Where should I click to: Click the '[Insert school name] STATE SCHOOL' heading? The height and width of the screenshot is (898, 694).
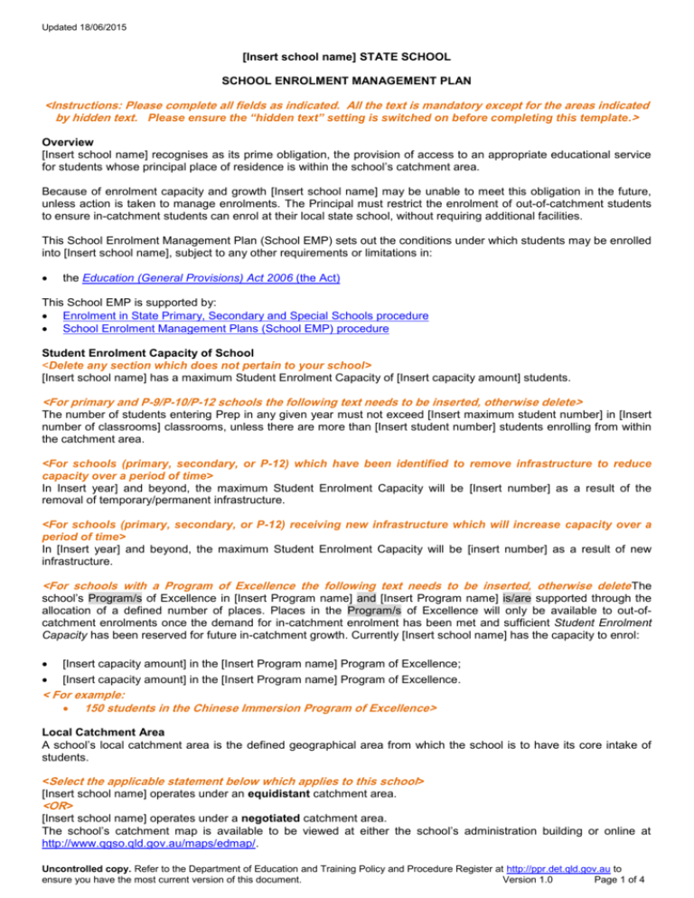click(346, 55)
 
